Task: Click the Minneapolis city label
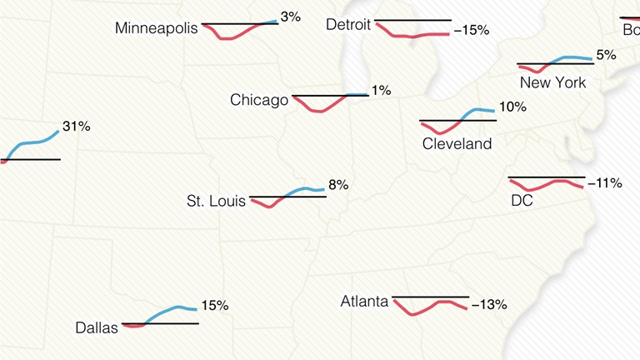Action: (157, 28)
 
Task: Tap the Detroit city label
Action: (348, 25)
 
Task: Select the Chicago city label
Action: (259, 100)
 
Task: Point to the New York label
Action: (552, 82)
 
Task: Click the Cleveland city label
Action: (457, 143)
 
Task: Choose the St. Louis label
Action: (216, 201)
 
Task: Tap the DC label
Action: (522, 200)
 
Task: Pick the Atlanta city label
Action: (364, 301)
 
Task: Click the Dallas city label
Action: (97, 327)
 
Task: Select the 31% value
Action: (76, 127)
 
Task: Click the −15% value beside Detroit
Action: (471, 30)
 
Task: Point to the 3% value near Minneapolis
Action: (290, 16)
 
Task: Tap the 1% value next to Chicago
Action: (381, 90)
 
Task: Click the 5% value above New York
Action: (606, 55)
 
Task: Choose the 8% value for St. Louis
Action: (337, 185)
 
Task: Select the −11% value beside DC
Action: (604, 182)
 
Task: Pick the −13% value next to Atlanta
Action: (489, 305)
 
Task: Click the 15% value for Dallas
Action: (214, 306)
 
